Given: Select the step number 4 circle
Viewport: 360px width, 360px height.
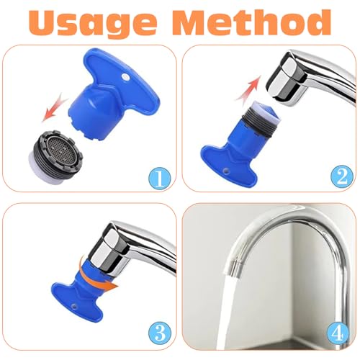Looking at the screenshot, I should [x=338, y=332].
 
